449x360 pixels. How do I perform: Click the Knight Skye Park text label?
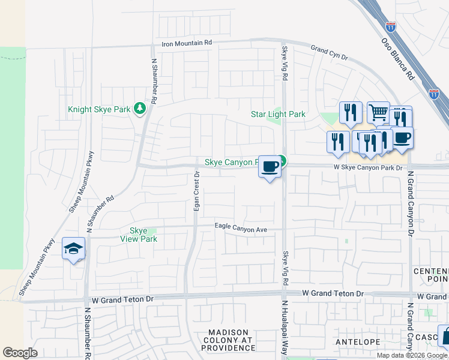tap(100, 109)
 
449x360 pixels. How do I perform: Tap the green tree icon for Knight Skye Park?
tap(140, 108)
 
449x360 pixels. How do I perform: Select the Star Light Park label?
tap(278, 114)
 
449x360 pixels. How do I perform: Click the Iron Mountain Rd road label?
tap(187, 43)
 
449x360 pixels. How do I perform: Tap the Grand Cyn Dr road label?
tap(329, 52)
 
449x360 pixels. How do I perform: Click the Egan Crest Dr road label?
tap(196, 190)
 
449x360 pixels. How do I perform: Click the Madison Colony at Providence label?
tap(232, 340)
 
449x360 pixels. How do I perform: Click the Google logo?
tap(20, 352)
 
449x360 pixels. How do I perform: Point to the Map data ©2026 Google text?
tap(412, 355)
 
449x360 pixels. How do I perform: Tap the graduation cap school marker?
tap(73, 249)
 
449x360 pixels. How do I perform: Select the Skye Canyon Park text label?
tap(232, 162)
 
